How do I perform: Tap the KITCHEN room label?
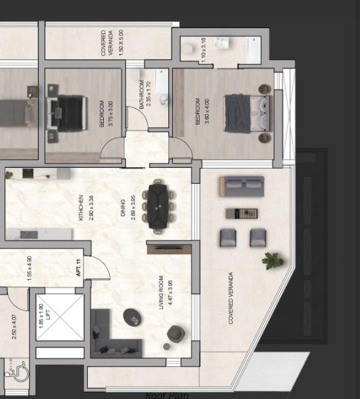point(81,207)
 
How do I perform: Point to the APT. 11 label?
point(79,268)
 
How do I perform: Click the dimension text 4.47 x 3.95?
point(170,294)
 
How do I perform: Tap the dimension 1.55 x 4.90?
point(30,269)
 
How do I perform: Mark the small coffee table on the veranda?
point(242,213)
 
